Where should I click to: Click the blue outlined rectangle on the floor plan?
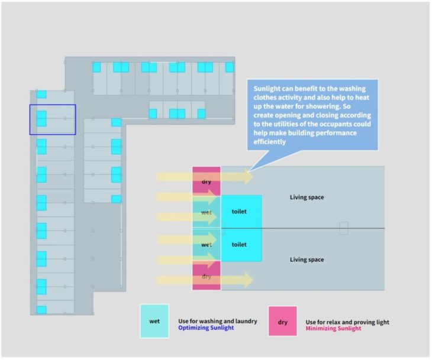[x=53, y=119]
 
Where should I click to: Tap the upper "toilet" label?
[x=239, y=211]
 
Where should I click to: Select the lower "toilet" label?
[x=239, y=244]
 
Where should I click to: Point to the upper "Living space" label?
[x=307, y=197]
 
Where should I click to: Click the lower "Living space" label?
[x=307, y=260]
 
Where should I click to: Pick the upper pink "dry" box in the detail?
[x=207, y=180]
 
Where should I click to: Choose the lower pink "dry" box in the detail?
[x=207, y=275]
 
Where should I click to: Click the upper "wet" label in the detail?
[x=207, y=212]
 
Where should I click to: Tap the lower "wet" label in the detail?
[x=207, y=244]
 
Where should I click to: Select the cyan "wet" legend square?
[x=154, y=321]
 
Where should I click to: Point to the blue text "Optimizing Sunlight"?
[x=206, y=327]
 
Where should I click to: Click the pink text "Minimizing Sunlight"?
[x=333, y=329]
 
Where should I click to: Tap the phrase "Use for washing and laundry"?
[x=217, y=321]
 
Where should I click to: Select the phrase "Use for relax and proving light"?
[x=347, y=322]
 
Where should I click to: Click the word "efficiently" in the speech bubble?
[x=269, y=142]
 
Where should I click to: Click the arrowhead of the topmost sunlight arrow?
[x=249, y=176]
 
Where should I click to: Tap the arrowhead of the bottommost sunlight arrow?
[x=249, y=280]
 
